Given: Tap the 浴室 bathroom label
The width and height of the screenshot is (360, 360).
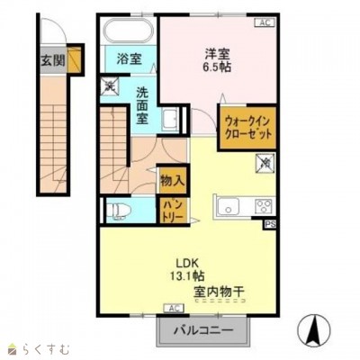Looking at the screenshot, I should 129,59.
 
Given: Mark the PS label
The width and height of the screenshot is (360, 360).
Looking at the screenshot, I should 270,225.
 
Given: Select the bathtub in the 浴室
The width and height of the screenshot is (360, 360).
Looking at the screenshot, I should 129,31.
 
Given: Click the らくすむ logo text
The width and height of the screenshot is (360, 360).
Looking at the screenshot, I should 36,348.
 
